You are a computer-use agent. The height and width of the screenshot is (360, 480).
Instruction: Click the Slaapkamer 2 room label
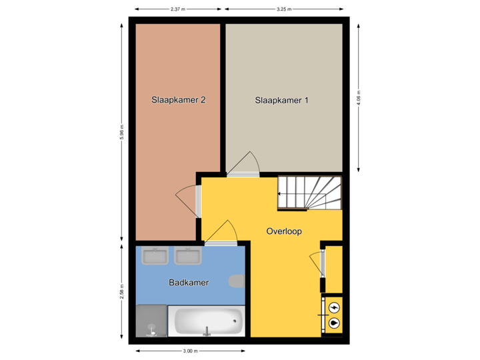(177, 101)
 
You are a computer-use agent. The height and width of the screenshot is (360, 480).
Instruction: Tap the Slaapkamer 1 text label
(282, 101)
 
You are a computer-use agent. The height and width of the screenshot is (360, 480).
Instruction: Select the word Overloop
(284, 231)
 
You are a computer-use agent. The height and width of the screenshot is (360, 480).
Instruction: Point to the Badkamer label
(189, 283)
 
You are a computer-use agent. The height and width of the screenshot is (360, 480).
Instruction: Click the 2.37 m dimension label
(177, 9)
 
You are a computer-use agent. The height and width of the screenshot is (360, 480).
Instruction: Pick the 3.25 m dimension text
(283, 9)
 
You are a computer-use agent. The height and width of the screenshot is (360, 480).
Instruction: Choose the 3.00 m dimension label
(190, 351)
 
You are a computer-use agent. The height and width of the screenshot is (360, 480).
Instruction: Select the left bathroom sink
(154, 256)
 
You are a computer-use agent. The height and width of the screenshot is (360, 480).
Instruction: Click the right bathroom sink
(188, 256)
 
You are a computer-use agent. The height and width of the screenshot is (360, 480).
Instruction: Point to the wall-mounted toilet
(237, 281)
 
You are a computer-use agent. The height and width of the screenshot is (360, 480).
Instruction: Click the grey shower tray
(151, 321)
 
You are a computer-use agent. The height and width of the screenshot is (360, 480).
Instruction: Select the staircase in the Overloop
(309, 191)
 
